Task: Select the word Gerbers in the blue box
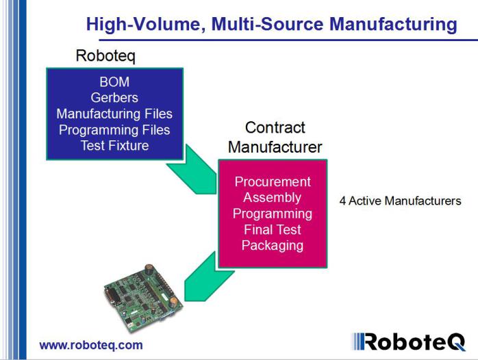[114, 98]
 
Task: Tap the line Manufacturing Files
[114, 114]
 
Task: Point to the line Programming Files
[114, 129]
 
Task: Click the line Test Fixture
[114, 145]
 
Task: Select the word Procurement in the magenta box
[273, 182]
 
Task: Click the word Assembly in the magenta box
[273, 198]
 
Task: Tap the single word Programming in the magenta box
[273, 214]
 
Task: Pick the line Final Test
[273, 229]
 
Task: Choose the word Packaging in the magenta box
[273, 245]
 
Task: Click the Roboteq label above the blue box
[105, 56]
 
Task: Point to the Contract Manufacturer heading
[275, 137]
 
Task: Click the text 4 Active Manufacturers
[400, 201]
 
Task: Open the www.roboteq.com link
[91, 345]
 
